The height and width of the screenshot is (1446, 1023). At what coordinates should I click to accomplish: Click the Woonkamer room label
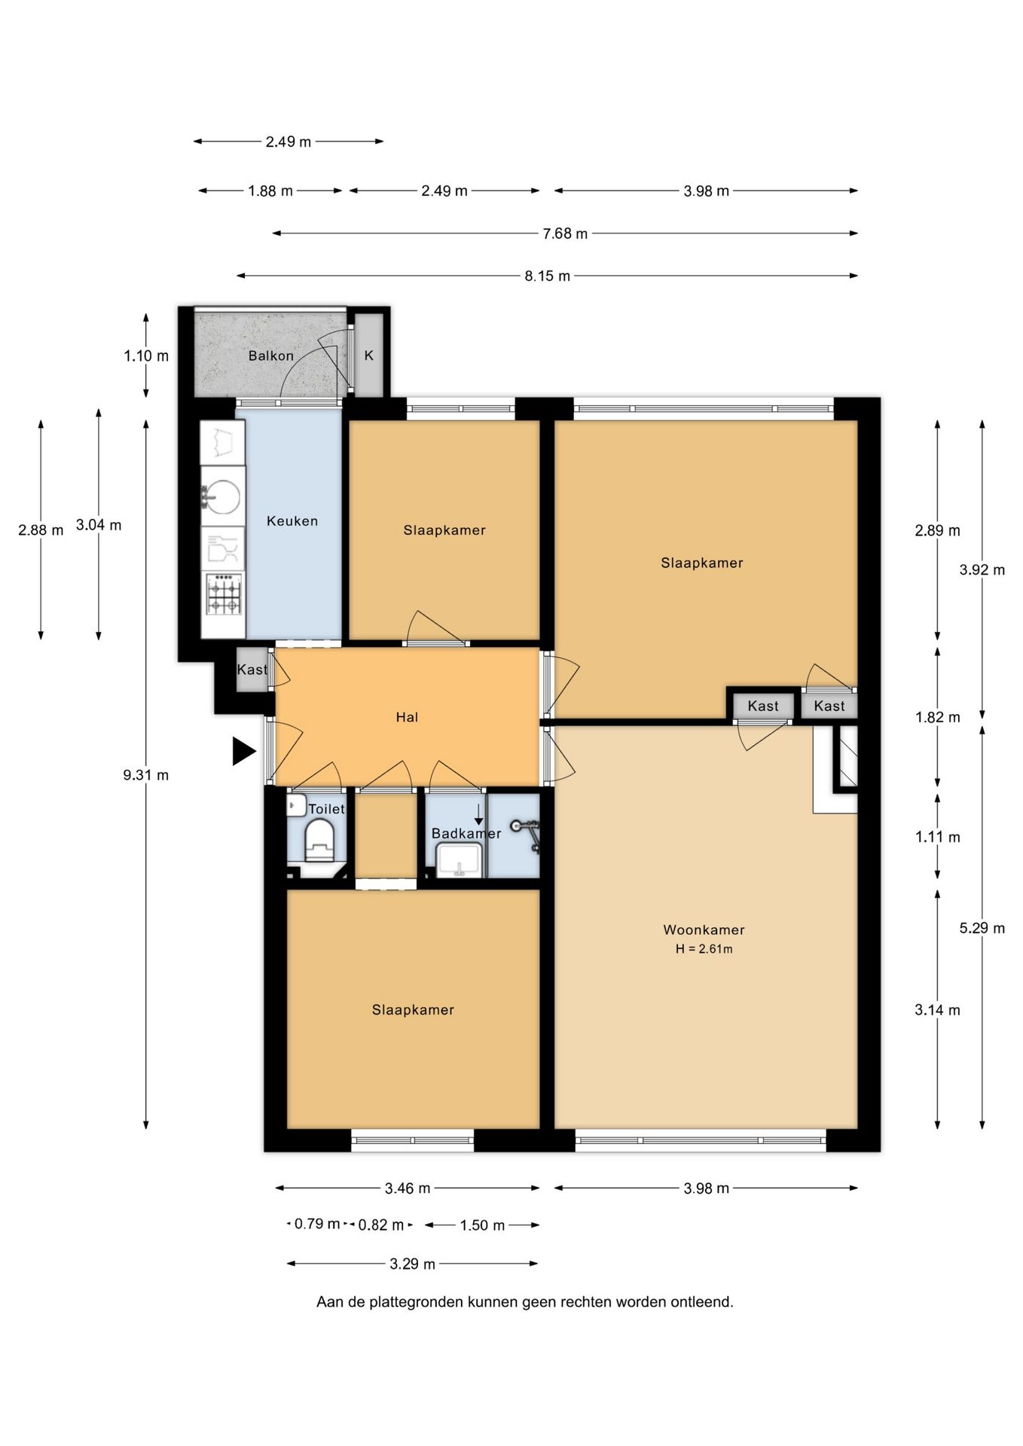tap(704, 929)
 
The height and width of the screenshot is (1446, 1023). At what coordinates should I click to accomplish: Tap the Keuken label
tap(292, 520)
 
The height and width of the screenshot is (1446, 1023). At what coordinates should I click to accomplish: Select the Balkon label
tap(271, 355)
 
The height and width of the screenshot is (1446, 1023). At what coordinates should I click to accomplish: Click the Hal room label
tap(407, 717)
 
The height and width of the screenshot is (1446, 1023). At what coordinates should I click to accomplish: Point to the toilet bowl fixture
tap(319, 840)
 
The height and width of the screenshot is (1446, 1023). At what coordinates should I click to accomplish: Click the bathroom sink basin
tap(459, 860)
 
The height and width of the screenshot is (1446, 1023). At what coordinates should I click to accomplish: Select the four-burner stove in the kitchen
tap(224, 595)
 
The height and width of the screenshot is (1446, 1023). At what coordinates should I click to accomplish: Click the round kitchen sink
tap(222, 496)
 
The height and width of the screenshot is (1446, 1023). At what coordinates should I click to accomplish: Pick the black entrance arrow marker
tap(243, 751)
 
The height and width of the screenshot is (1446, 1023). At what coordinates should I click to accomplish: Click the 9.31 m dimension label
tap(146, 774)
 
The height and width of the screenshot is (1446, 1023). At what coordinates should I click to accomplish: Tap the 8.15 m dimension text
tap(548, 276)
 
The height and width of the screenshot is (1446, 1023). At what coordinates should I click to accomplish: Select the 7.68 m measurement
tap(565, 233)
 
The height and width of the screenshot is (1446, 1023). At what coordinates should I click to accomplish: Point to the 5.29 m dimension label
tap(982, 928)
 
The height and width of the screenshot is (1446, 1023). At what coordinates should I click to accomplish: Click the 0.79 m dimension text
tap(317, 1224)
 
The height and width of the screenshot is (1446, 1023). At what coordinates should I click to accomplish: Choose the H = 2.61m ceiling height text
tap(704, 949)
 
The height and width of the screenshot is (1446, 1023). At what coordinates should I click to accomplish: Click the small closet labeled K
tap(369, 355)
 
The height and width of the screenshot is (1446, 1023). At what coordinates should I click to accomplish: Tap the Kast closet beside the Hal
tap(252, 670)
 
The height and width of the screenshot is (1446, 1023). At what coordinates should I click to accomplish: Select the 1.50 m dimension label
tap(482, 1225)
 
